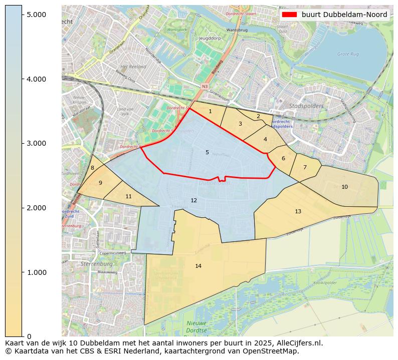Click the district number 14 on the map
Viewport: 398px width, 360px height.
click(x=198, y=266)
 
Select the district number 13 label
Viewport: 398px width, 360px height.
click(x=298, y=211)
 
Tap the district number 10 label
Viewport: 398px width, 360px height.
click(x=344, y=187)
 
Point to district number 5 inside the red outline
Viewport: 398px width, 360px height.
click(x=207, y=152)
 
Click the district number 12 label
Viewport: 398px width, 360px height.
click(x=193, y=200)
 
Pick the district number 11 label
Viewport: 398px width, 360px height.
click(x=128, y=196)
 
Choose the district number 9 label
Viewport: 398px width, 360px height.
click(x=100, y=183)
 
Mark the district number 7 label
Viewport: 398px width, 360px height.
click(x=304, y=167)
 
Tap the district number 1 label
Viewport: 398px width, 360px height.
click(x=210, y=111)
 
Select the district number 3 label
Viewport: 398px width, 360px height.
click(x=240, y=124)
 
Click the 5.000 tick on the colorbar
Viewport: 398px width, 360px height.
click(x=36, y=15)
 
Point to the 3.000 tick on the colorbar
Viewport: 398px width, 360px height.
click(x=36, y=143)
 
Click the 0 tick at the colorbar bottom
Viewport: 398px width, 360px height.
click(x=29, y=336)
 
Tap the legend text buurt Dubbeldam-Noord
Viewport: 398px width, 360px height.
click(x=344, y=15)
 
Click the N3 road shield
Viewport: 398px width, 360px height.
click(x=205, y=87)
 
